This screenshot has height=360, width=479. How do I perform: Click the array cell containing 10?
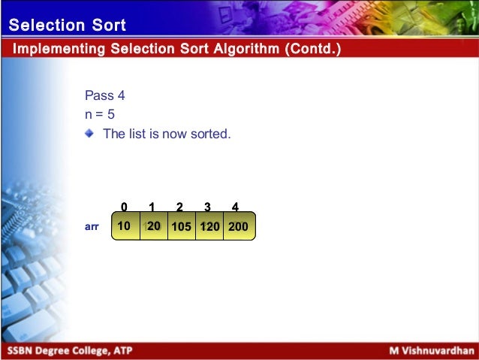125,225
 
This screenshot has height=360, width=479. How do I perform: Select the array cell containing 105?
181,225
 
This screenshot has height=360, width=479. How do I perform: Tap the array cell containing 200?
238,225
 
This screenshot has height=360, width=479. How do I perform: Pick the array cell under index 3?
209,225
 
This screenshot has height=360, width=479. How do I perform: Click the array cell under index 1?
153,225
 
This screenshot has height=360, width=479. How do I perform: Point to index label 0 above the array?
124,207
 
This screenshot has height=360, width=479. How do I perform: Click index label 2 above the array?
179,207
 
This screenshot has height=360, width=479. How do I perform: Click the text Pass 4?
100,96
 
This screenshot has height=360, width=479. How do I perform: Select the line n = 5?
100,115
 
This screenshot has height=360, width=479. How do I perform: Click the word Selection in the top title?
46,26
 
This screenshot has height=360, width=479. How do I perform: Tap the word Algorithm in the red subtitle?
232,50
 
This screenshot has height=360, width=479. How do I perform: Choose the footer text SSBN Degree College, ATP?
67,351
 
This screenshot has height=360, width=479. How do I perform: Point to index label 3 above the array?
207,207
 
